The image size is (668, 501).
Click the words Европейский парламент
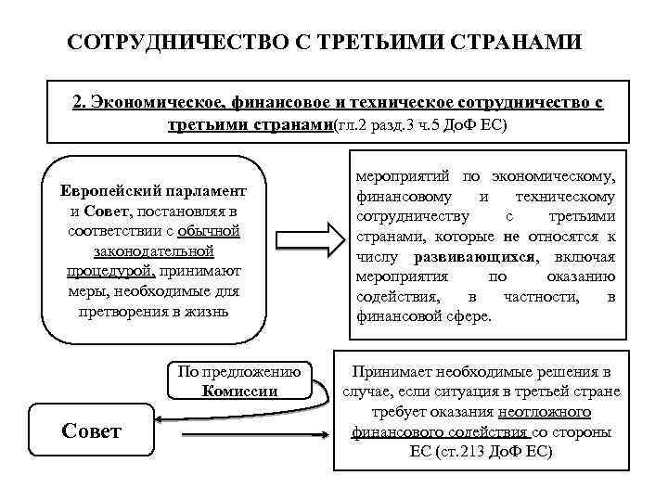coord(154,190)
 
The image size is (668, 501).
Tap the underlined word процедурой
coord(110,271)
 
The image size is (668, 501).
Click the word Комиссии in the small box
coord(239,391)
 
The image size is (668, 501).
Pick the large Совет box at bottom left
coord(91,431)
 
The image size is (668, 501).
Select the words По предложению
coord(239,371)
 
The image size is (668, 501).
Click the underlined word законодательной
coord(154,250)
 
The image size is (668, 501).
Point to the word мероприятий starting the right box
coord(399,175)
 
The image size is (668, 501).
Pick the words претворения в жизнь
coord(154,311)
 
